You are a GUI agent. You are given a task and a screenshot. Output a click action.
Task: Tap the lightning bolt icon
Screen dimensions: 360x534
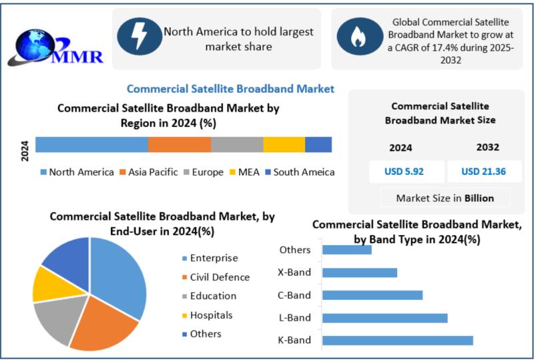point(140,36)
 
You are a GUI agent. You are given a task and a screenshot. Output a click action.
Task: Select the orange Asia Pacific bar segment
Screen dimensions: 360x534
point(179,144)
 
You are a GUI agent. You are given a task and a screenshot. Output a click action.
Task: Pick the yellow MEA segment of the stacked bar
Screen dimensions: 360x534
point(284,144)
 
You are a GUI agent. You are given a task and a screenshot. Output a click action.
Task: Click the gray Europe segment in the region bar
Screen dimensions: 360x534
point(237,144)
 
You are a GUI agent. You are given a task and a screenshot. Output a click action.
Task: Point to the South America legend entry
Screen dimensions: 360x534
point(300,172)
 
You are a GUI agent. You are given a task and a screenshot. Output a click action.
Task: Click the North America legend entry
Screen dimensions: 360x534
point(77,172)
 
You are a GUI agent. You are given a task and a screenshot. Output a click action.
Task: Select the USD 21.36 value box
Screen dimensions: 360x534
point(483,172)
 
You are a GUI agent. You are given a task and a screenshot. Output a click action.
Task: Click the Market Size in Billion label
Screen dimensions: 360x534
point(445,198)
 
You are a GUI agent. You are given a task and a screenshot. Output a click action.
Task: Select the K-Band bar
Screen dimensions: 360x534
point(397,341)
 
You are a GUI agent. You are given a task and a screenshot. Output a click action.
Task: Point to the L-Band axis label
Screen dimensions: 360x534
point(294,318)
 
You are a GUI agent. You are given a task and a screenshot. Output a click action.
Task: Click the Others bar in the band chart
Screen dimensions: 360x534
point(346,250)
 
